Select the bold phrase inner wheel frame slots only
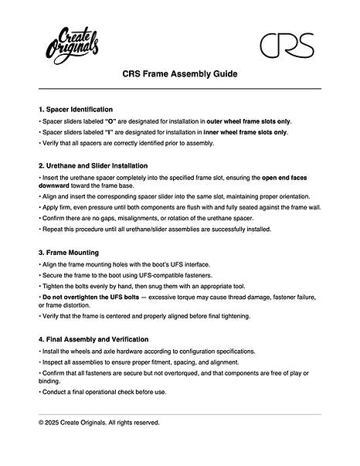coord(243,132)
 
